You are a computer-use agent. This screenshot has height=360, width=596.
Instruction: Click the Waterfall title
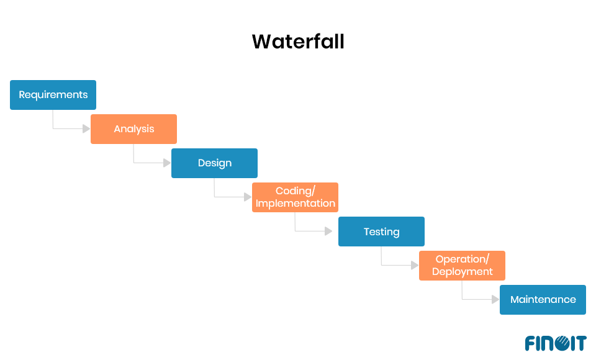(x=298, y=42)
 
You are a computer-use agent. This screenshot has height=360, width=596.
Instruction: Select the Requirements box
(x=53, y=95)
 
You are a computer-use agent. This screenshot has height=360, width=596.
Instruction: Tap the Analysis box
(x=133, y=129)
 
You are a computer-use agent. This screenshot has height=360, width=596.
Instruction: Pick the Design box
(x=214, y=163)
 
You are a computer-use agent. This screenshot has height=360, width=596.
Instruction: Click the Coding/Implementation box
(x=295, y=197)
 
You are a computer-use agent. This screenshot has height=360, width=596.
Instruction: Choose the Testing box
(x=381, y=232)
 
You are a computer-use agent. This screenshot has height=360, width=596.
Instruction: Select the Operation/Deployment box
(x=462, y=266)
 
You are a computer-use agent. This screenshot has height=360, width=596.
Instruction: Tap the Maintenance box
(x=543, y=299)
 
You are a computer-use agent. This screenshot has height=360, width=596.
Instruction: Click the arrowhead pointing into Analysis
(x=86, y=129)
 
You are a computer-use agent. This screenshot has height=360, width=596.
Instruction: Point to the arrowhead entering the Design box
(x=167, y=163)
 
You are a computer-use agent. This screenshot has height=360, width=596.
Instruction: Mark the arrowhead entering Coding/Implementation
(x=248, y=197)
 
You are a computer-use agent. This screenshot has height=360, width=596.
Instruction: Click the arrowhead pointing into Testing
(x=328, y=232)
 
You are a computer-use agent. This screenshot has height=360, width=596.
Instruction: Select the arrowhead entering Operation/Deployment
(x=415, y=266)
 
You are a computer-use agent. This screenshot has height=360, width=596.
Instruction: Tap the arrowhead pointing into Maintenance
(x=495, y=300)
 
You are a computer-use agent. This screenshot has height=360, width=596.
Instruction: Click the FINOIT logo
(x=555, y=343)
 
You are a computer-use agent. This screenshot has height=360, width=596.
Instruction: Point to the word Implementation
(x=296, y=204)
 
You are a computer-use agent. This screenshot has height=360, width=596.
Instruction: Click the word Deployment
(x=463, y=272)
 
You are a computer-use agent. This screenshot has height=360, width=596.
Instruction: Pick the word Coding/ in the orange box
(x=296, y=191)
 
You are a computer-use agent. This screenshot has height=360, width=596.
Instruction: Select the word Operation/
(x=463, y=259)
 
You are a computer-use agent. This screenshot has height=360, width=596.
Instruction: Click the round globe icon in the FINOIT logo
(x=561, y=343)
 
